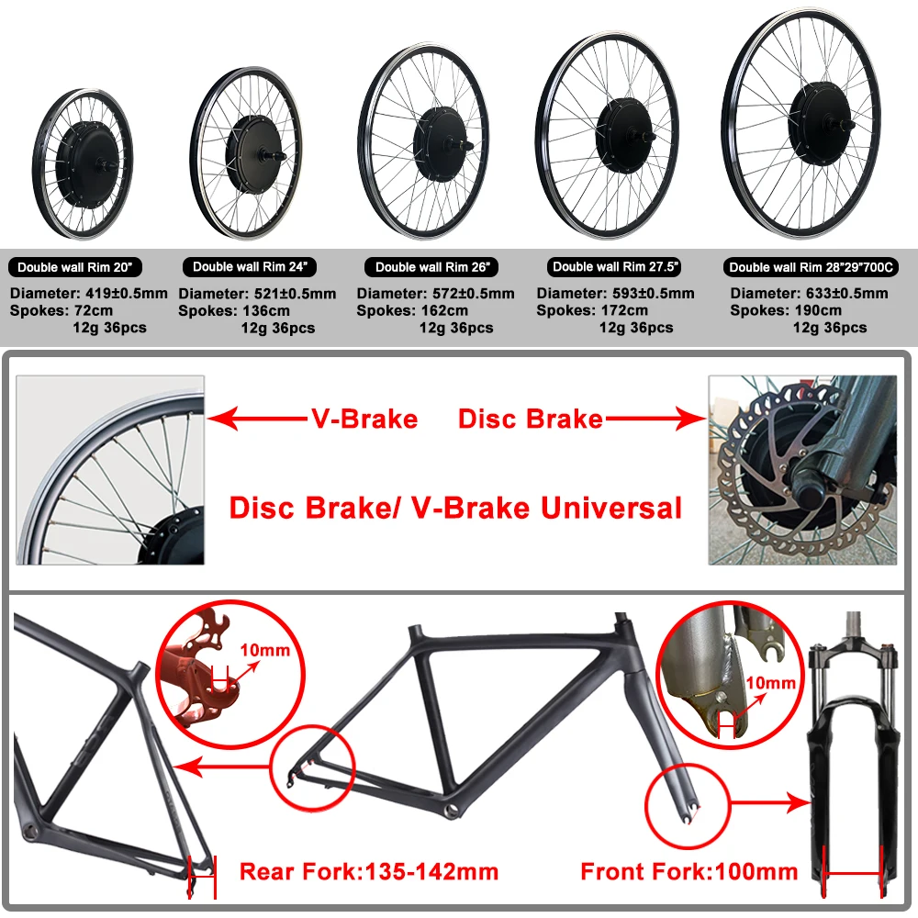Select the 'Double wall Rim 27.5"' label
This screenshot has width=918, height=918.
tap(615, 266)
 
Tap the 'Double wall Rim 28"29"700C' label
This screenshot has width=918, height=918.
tap(811, 267)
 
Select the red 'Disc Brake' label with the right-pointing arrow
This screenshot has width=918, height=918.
tap(531, 420)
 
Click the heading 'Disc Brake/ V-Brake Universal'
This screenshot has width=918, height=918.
tap(455, 507)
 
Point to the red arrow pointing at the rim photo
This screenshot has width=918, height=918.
tap(257, 420)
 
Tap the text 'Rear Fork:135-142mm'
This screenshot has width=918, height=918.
tap(369, 870)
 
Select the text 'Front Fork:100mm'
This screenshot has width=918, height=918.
tap(689, 870)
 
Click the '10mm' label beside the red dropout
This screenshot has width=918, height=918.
tap(264, 651)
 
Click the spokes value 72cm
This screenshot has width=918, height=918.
tap(96, 310)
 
